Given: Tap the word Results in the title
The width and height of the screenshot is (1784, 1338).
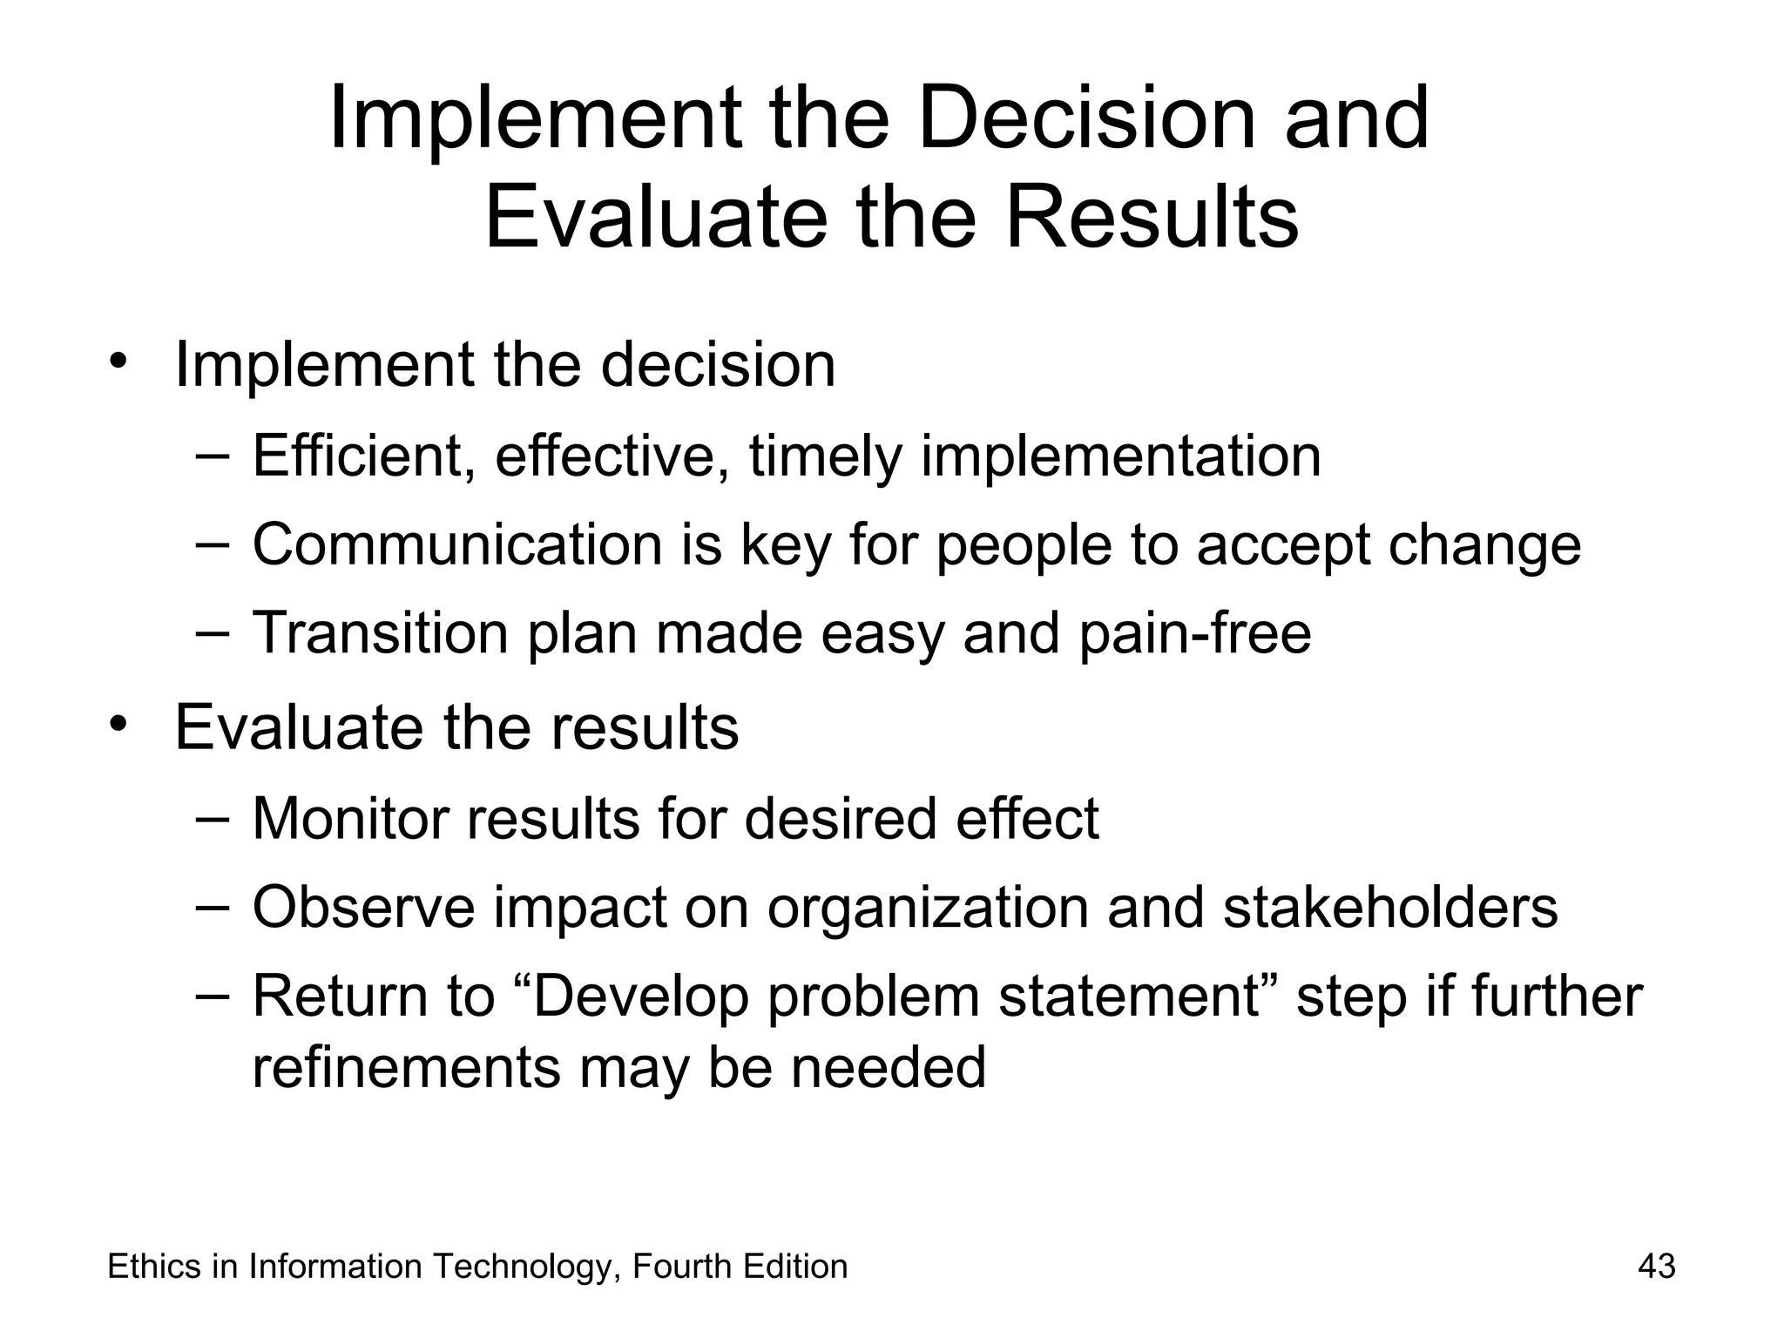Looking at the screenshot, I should pos(1152,216).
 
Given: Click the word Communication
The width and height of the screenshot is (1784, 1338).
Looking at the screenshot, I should pos(457,544).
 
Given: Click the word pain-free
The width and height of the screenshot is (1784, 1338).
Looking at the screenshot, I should pos(1195,634).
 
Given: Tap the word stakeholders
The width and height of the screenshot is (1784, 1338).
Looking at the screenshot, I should pos(1390,907).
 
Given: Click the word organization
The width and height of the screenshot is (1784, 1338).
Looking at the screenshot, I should pos(928,909).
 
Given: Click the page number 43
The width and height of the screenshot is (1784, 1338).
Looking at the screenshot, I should pos(1656,1267).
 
